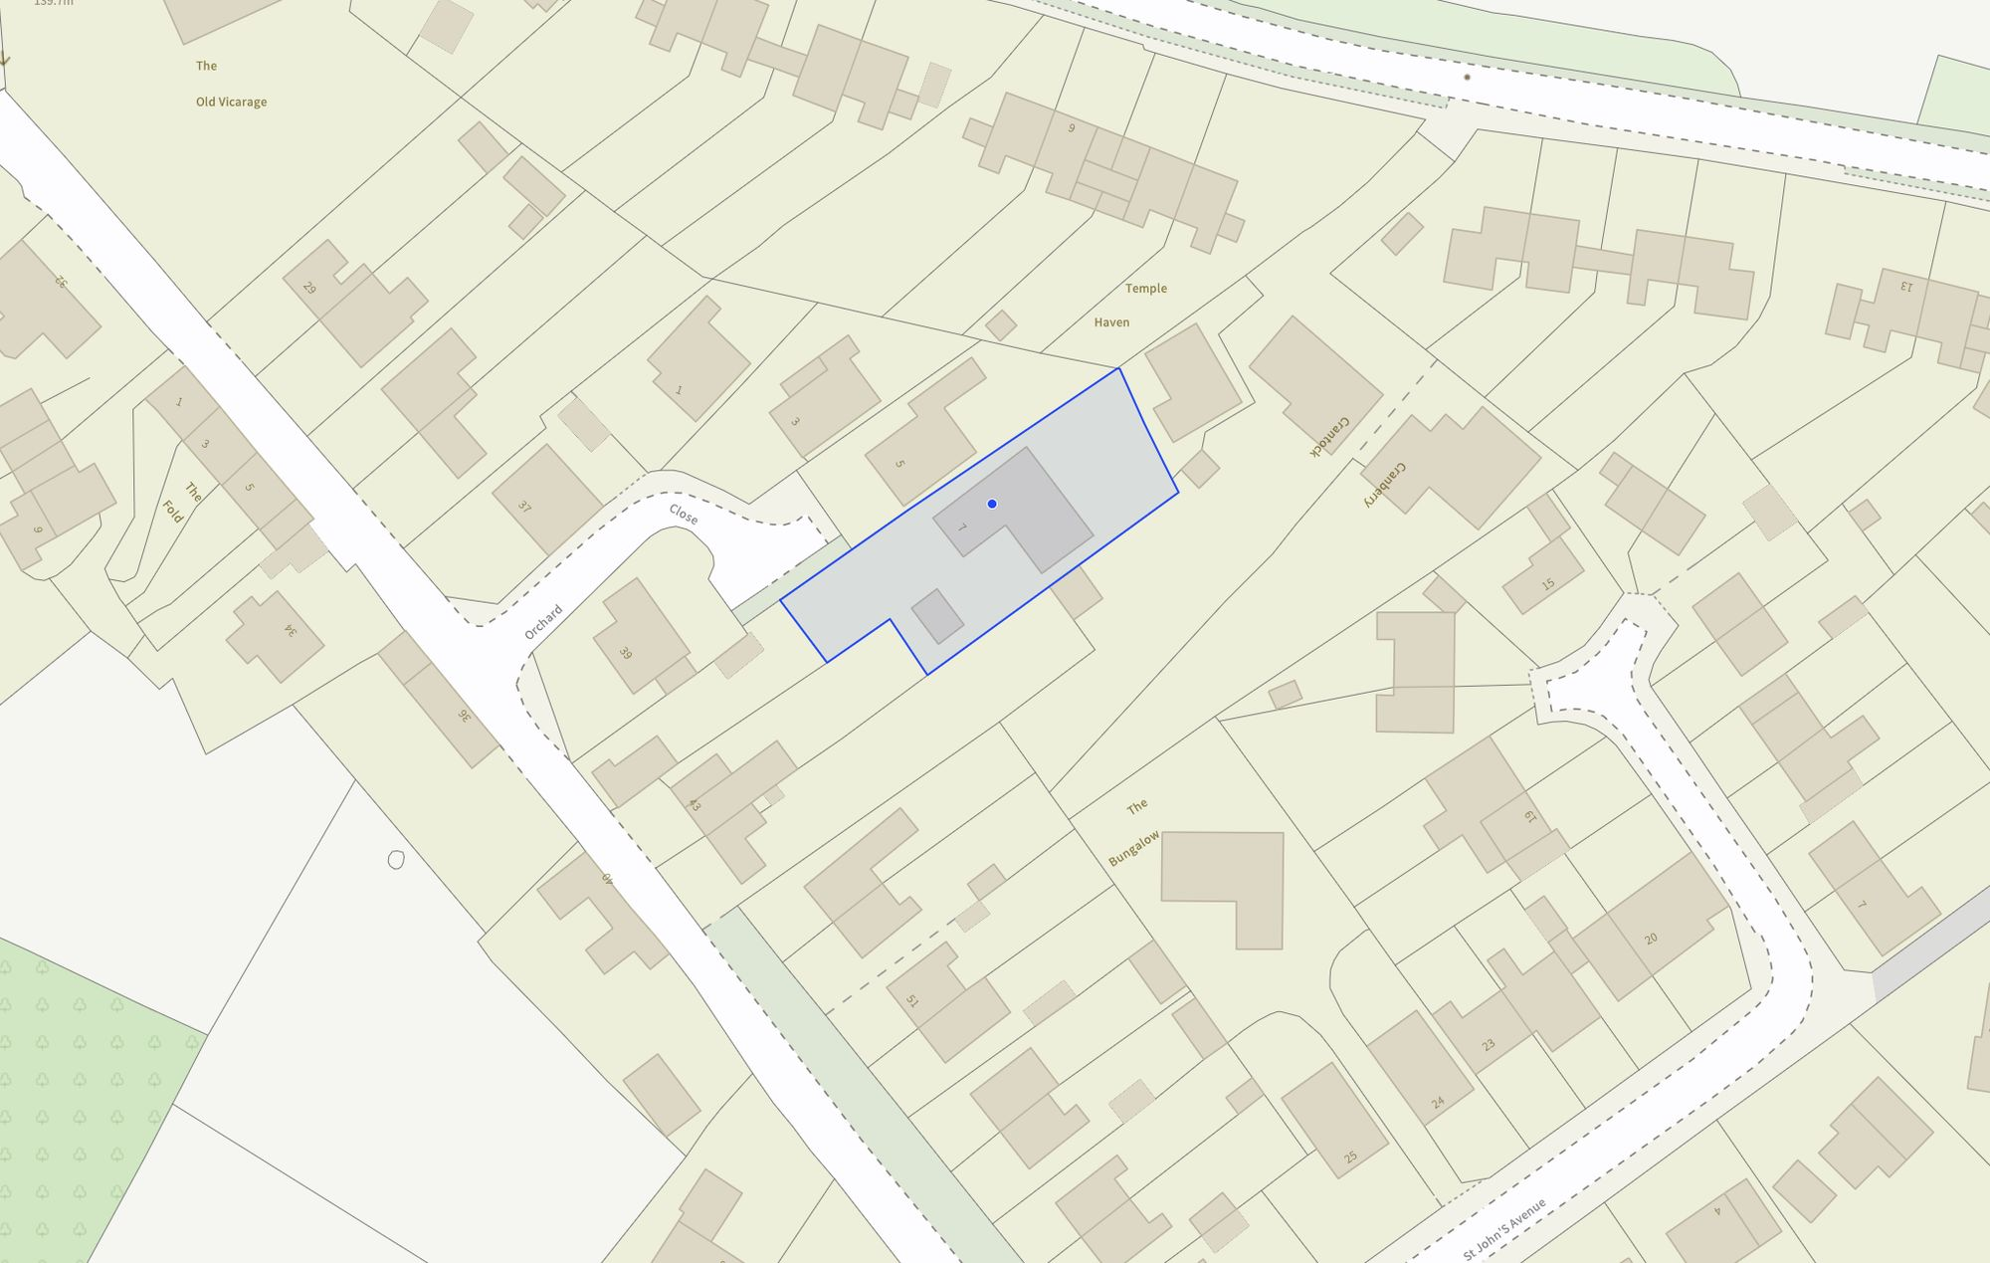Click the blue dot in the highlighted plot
[x=992, y=504]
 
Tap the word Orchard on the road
[x=543, y=622]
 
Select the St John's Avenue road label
[x=1504, y=1228]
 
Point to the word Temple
[x=1145, y=289]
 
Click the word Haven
[x=1111, y=322]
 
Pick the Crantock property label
[x=1329, y=437]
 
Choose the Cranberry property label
[x=1384, y=486]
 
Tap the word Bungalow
[x=1134, y=848]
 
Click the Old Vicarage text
[x=231, y=102]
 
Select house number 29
[x=309, y=289]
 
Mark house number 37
[x=524, y=507]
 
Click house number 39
[x=625, y=653]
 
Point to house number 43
[x=695, y=804]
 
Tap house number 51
[x=911, y=1000]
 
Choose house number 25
[x=1350, y=1157]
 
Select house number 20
[x=1651, y=939]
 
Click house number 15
[x=1547, y=584]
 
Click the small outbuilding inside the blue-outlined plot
[x=937, y=617]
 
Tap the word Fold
[x=172, y=512]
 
